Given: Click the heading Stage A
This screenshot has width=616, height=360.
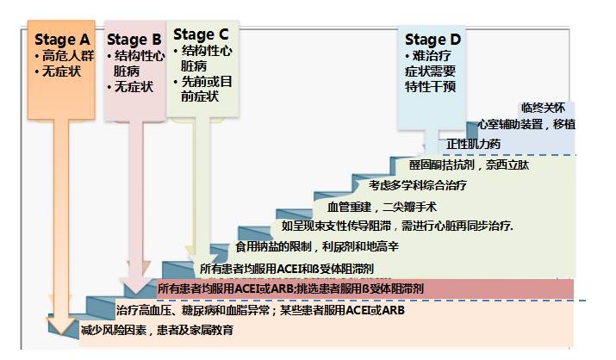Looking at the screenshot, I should [61, 40].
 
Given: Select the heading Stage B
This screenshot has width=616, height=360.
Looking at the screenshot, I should [134, 40].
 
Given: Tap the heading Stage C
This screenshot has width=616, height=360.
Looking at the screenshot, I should [201, 34].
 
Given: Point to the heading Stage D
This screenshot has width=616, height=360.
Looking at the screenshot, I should [432, 40].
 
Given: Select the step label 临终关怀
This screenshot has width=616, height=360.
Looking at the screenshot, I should [543, 108].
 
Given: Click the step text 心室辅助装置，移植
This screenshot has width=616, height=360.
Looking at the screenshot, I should [526, 125].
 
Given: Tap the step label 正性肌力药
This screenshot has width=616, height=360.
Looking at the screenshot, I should [473, 143].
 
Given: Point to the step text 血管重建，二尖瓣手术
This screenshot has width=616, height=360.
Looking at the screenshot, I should [382, 207].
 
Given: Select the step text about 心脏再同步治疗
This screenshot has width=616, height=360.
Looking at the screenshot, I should [397, 227].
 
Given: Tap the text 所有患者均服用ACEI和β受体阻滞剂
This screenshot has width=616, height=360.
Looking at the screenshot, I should [274, 269].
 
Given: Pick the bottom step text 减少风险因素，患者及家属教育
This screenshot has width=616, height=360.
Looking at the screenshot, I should [157, 330].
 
